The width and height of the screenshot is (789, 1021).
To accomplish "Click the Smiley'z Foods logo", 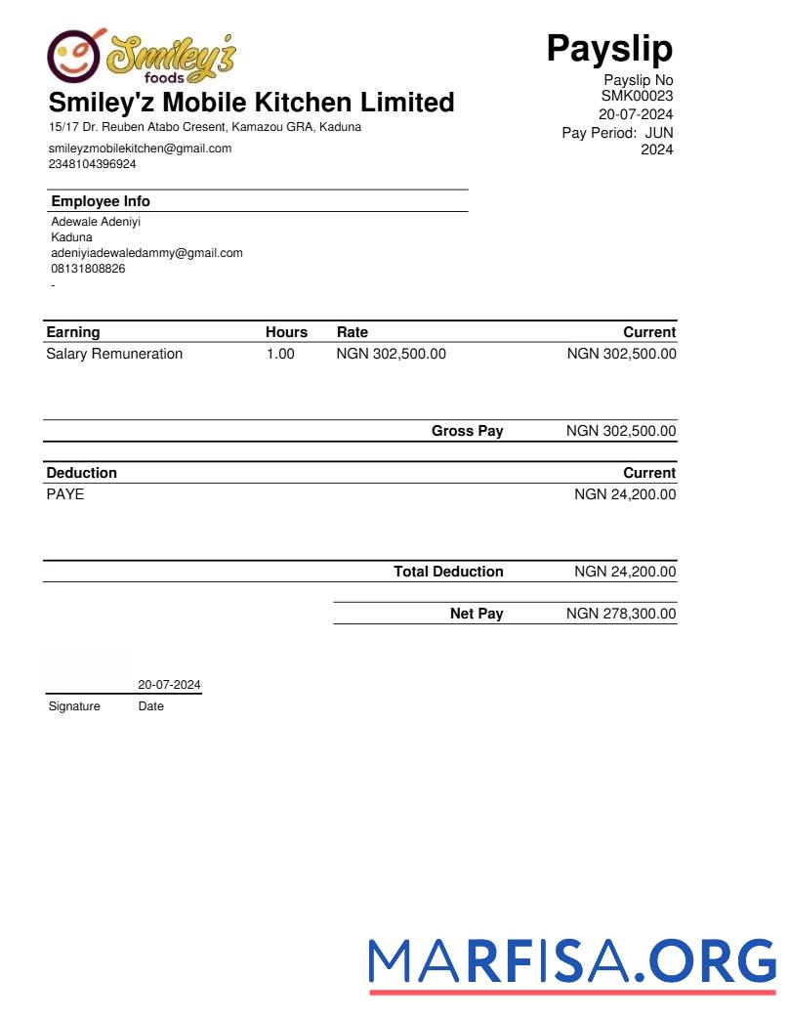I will [142, 57].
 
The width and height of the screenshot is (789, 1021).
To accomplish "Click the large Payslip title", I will [609, 47].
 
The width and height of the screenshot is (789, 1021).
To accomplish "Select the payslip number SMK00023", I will [637, 96].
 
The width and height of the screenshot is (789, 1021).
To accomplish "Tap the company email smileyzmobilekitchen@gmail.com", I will [140, 149].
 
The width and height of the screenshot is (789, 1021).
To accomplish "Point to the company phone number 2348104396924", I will [93, 164].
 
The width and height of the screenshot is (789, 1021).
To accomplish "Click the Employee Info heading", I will [101, 201].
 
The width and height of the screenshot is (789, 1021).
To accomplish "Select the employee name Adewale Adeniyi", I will [96, 222].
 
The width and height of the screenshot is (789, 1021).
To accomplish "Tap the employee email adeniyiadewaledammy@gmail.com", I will [146, 253].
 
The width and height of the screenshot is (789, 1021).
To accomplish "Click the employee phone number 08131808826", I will [88, 269].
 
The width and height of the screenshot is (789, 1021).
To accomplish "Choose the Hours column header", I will [286, 332].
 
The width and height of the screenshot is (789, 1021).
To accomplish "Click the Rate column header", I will [353, 332].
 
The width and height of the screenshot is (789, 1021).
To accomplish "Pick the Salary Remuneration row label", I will [114, 354].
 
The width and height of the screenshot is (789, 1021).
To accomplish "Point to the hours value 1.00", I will [280, 354].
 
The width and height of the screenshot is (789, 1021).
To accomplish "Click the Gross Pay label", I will [468, 431].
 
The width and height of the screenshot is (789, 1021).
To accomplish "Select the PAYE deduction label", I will [65, 494].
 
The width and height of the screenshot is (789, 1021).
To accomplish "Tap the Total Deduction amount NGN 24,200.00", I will [625, 572].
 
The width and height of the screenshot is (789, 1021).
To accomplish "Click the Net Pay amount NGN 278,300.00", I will [621, 614].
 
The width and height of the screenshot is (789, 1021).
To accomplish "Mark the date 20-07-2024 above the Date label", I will [170, 685].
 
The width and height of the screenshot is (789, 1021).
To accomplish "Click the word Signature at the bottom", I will [74, 706].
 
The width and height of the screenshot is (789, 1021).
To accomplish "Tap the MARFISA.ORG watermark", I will [572, 961].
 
